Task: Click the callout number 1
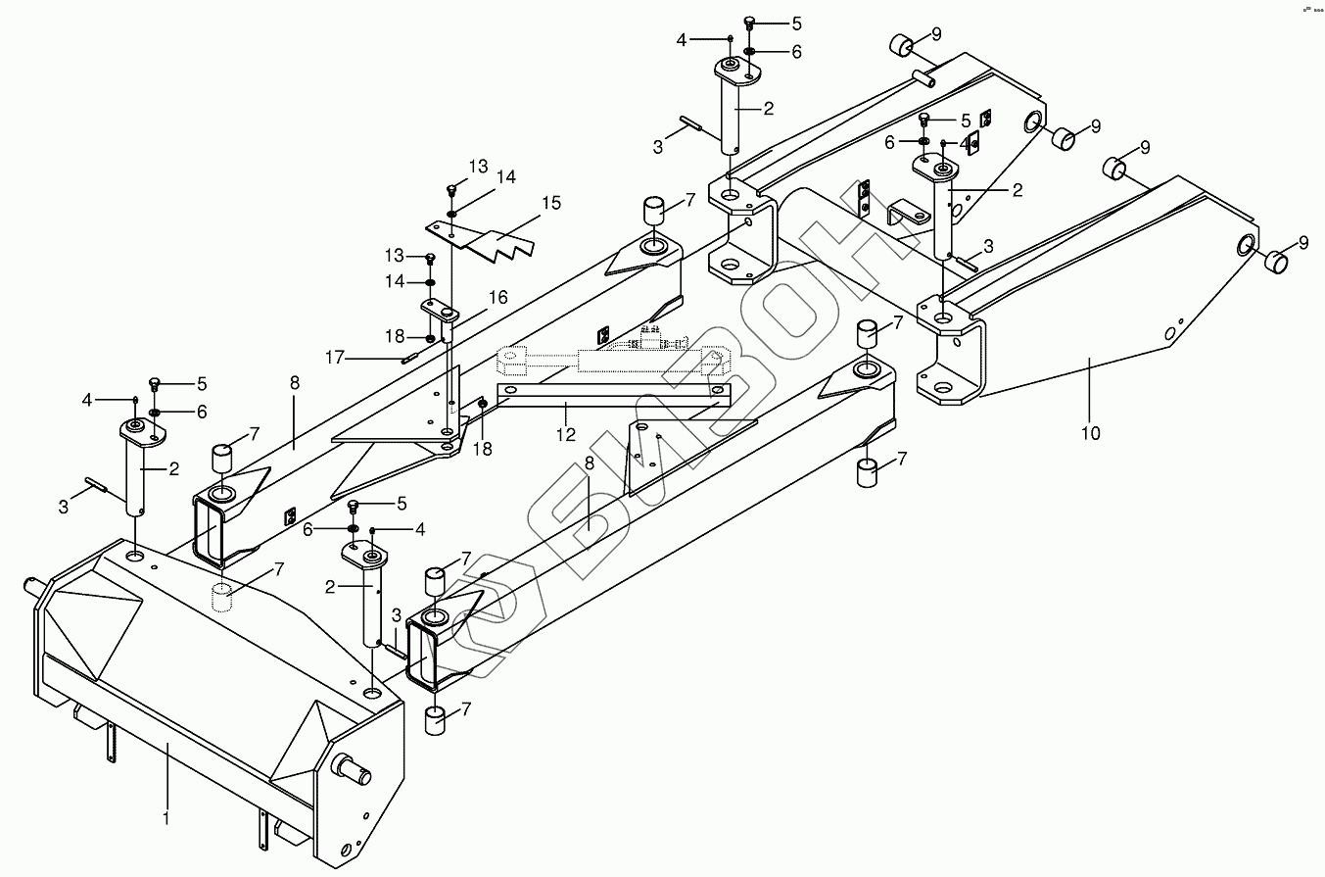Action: pyautogui.click(x=166, y=816)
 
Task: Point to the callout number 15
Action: pyautogui.click(x=551, y=203)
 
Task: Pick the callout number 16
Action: pyautogui.click(x=498, y=297)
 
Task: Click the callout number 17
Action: pyautogui.click(x=336, y=358)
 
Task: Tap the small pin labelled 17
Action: pyautogui.click(x=410, y=358)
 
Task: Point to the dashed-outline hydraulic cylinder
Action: pyautogui.click(x=612, y=360)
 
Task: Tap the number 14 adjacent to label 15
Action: pyautogui.click(x=505, y=177)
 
